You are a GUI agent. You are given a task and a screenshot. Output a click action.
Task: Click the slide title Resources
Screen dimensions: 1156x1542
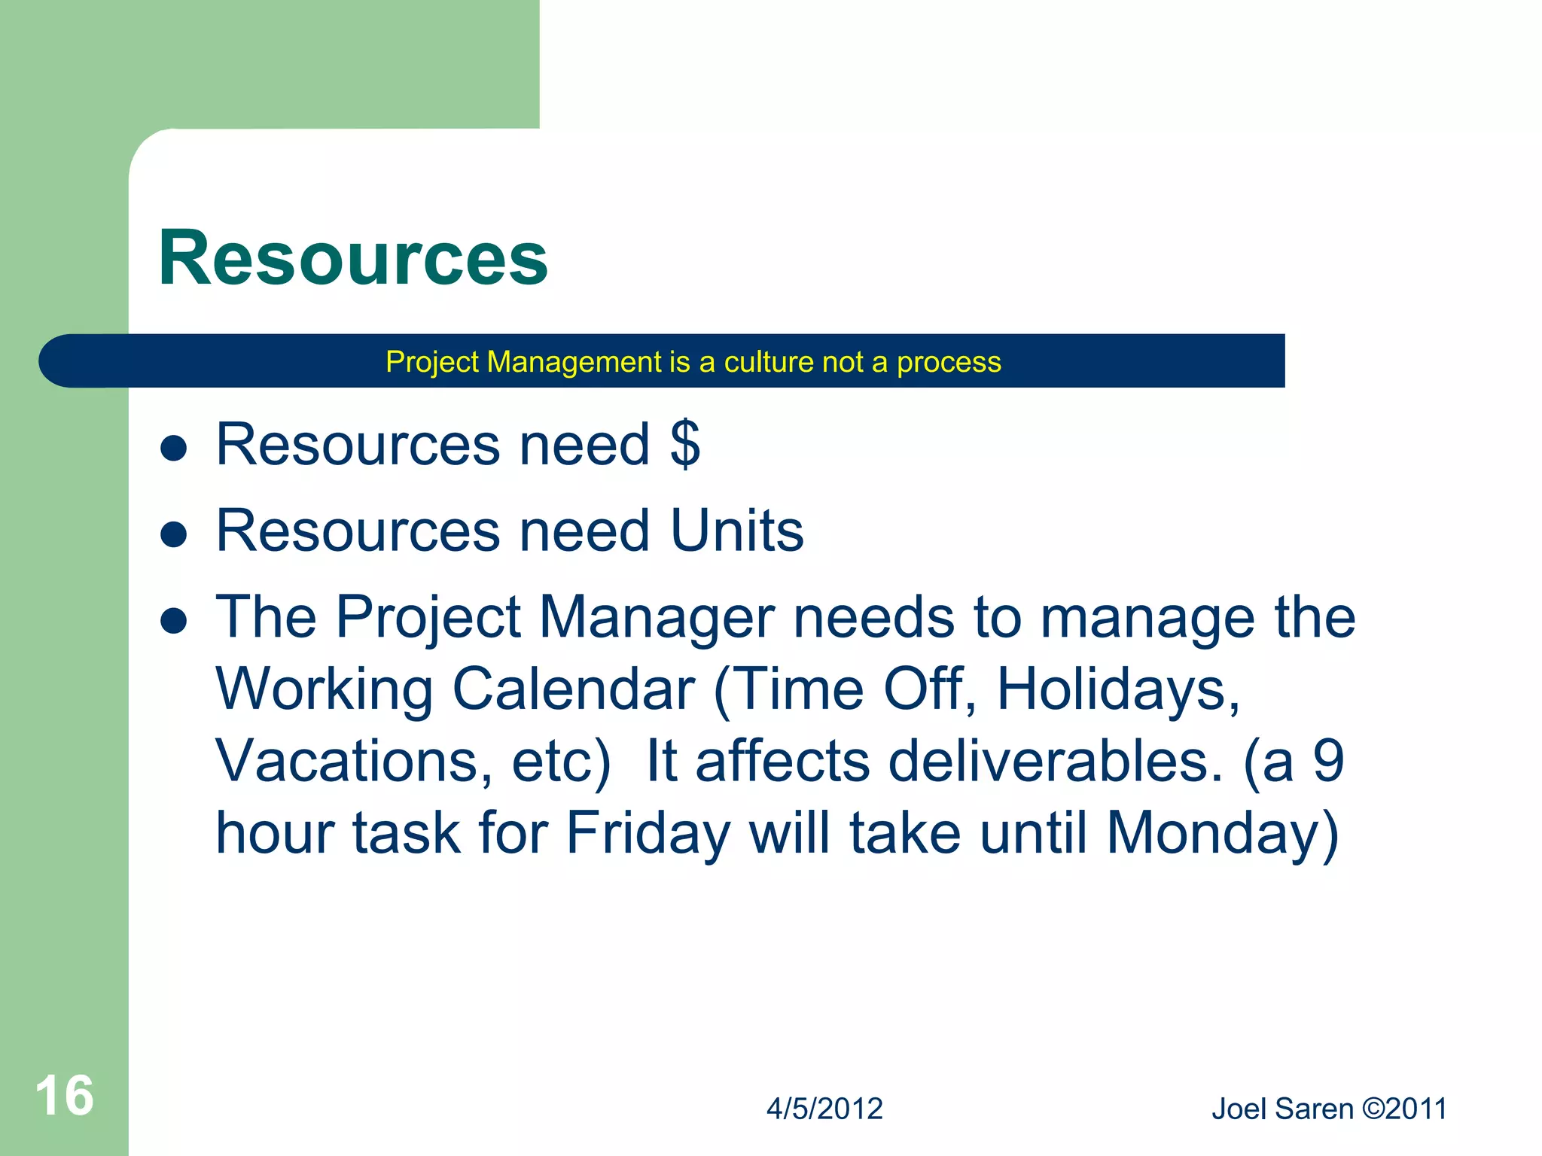click(352, 258)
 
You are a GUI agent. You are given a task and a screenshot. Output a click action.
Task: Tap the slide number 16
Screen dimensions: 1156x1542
click(64, 1096)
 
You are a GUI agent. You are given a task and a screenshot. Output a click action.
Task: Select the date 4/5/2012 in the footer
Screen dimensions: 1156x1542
click(824, 1109)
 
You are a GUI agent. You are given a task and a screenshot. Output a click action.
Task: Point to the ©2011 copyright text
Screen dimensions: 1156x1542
click(1405, 1109)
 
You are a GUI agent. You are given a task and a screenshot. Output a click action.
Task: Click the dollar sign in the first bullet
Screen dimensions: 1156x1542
click(685, 444)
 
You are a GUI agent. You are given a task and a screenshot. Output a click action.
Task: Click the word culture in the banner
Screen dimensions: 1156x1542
click(769, 362)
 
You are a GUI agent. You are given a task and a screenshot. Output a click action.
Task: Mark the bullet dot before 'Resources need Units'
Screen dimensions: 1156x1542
click(174, 534)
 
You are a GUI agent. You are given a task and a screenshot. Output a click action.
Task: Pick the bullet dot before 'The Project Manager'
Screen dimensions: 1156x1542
click(174, 621)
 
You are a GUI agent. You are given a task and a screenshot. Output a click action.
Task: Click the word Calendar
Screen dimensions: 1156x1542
click(574, 689)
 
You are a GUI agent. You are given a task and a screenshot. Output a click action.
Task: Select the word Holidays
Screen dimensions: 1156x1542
click(1118, 689)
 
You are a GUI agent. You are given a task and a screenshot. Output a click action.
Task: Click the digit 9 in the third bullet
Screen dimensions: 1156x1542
click(1328, 761)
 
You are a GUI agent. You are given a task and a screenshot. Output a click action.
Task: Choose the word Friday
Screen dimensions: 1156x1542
click(648, 833)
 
